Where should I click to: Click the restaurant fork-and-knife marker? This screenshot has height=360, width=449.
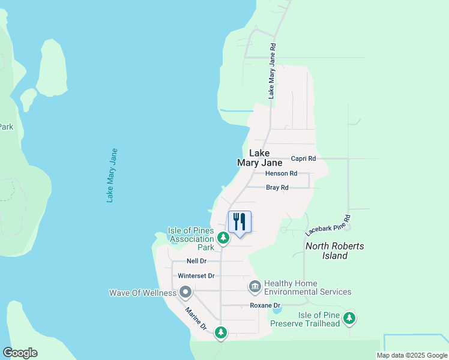click(240, 223)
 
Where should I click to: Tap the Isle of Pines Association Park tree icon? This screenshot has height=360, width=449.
click(223, 239)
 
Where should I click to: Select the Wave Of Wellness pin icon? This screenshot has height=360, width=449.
click(185, 293)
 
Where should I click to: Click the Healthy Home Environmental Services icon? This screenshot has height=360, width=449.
click(255, 287)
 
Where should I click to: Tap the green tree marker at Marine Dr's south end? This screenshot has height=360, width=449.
click(221, 332)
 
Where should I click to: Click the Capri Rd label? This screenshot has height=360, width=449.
click(303, 159)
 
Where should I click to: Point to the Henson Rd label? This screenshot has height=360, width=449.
click(282, 173)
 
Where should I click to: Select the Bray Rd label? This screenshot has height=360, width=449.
click(277, 188)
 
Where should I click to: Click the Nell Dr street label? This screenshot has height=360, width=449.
click(196, 261)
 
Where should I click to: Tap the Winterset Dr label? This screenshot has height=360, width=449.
click(196, 276)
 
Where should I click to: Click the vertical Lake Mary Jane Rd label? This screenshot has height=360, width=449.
click(272, 71)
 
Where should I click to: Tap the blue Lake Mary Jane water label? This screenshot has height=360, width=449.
click(112, 175)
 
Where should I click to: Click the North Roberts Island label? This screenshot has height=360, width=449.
click(335, 251)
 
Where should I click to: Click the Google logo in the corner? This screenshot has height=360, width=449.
click(20, 353)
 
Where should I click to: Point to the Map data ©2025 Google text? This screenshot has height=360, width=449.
click(412, 355)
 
